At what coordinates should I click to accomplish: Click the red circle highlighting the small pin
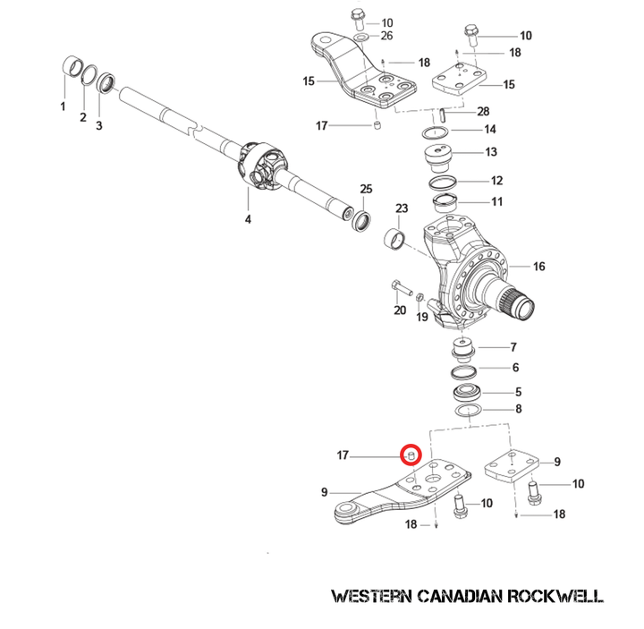coord(411,455)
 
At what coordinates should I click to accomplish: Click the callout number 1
coord(63,106)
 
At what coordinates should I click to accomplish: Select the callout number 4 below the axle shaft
coord(248,219)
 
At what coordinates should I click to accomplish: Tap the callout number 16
coord(538,267)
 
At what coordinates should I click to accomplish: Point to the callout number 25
coord(365,189)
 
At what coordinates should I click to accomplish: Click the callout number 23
coord(402,208)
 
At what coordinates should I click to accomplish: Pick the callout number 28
coord(483,111)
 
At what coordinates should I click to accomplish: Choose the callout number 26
coord(386,36)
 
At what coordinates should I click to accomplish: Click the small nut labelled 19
coord(420,298)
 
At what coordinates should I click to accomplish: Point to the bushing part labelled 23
coord(394,240)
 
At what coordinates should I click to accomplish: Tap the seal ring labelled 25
coord(362,219)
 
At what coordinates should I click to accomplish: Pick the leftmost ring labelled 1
coord(69,68)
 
